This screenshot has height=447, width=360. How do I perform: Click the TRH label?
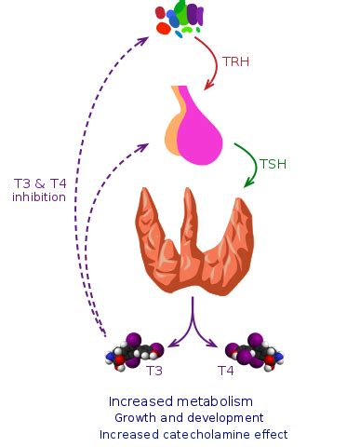(x=236, y=62)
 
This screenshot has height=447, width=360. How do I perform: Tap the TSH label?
(x=273, y=164)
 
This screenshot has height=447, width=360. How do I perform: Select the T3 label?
(x=155, y=371)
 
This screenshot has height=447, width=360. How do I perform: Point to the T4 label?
(x=225, y=371)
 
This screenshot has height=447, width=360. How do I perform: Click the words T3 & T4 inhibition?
(x=39, y=190)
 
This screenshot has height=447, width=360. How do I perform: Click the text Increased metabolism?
(x=180, y=401)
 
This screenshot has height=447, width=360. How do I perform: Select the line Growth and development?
(x=191, y=418)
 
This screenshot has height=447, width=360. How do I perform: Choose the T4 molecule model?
(x=252, y=351)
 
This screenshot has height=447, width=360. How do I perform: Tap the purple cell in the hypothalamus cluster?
(x=194, y=13)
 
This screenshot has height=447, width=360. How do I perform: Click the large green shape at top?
(x=183, y=12)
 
